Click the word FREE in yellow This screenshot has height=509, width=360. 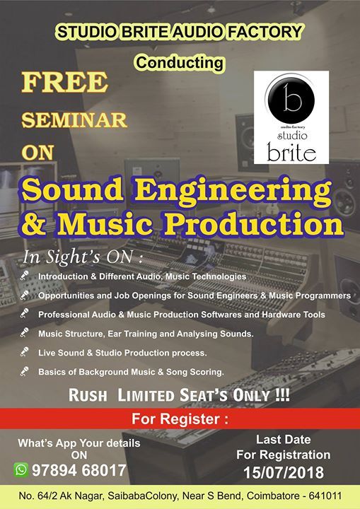[x=64, y=82]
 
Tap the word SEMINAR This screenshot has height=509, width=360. [x=74, y=120]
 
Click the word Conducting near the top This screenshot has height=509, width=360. [x=180, y=63]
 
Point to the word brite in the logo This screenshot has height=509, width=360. [x=291, y=152]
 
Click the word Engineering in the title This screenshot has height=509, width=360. [x=233, y=192]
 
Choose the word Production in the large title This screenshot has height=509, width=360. [x=253, y=223]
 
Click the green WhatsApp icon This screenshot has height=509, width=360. [x=21, y=469]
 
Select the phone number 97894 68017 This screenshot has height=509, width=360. [x=79, y=470]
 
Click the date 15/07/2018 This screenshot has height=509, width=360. [x=284, y=473]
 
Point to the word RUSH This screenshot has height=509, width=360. [x=88, y=396]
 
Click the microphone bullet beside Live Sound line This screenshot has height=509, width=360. [x=24, y=352]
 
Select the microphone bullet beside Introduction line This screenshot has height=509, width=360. [x=24, y=276]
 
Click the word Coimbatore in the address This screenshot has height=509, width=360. [x=272, y=496]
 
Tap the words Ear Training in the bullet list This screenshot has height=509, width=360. [x=137, y=334]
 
